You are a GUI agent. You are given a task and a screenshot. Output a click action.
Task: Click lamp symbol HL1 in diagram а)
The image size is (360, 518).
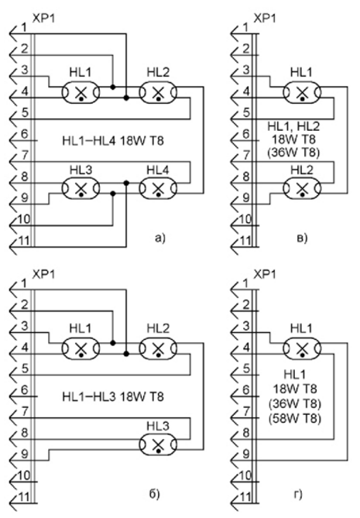[x=81, y=93]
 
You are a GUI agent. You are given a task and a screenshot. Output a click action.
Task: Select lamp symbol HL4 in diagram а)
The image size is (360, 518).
[x=158, y=188]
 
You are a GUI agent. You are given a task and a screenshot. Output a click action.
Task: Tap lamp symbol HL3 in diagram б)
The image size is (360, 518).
[x=158, y=444]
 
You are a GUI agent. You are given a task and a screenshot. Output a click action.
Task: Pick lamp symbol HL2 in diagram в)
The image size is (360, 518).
[x=302, y=188]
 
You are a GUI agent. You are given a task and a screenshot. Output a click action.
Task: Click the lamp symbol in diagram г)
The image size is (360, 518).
[x=302, y=348]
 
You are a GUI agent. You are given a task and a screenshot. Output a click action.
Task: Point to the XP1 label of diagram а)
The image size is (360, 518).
[x=43, y=18]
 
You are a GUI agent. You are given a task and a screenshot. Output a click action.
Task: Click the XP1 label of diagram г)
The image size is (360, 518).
[x=265, y=274]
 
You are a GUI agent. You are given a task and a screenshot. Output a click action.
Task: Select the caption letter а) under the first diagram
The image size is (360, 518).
[x=159, y=238]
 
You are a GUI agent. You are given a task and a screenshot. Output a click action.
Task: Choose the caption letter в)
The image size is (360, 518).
[x=302, y=238]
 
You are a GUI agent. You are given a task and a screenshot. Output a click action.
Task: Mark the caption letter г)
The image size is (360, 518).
[x=298, y=494]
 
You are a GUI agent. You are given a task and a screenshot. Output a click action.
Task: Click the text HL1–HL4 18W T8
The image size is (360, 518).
[x=113, y=141]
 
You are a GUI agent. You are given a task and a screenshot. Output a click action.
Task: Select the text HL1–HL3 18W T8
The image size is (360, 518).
[x=113, y=396]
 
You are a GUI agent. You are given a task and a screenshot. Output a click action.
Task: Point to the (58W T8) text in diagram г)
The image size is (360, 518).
[x=295, y=418]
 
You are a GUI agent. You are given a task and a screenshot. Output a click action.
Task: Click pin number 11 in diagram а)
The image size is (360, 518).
[x=24, y=241]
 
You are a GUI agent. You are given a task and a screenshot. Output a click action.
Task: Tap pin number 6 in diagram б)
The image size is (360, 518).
[x=25, y=389]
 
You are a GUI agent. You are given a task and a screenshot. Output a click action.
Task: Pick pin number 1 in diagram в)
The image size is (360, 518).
[x=245, y=27]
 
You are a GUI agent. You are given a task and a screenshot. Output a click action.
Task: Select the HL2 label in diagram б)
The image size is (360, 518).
[x=158, y=328]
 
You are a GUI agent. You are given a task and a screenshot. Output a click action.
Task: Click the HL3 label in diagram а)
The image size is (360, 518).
[x=81, y=170]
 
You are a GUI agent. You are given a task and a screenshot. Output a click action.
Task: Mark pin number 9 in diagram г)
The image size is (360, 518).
[x=246, y=454]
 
